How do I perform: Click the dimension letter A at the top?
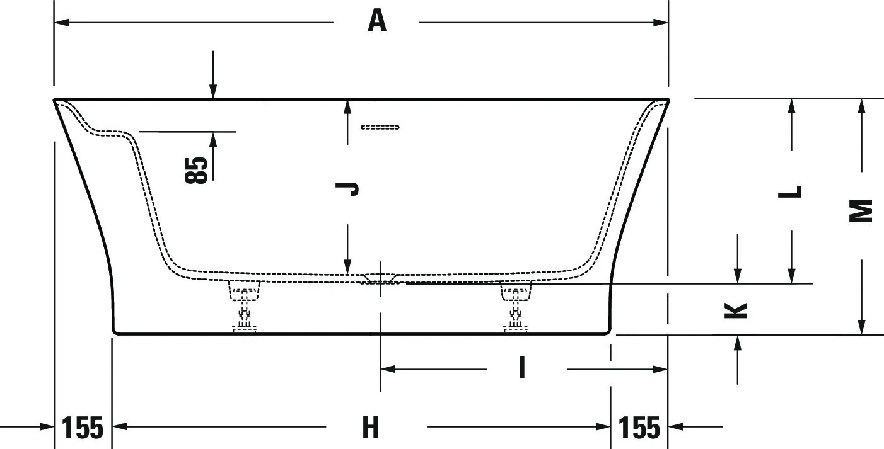click(377, 21)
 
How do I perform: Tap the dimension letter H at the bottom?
click(371, 428)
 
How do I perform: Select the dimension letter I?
click(521, 367)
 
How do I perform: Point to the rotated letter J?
click(347, 189)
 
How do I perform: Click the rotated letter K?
click(736, 310)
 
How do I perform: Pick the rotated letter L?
click(790, 192)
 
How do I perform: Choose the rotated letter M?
click(861, 211)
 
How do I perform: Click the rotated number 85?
click(196, 170)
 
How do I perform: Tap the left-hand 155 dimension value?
click(83, 428)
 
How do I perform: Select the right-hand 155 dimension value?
click(639, 428)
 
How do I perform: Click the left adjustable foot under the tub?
click(244, 306)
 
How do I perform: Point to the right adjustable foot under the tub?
click(516, 306)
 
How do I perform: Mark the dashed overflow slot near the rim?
click(380, 127)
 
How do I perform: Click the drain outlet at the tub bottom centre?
click(380, 278)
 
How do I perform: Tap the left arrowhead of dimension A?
click(62, 23)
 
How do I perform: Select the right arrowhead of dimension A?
click(661, 23)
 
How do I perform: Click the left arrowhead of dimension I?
click(388, 370)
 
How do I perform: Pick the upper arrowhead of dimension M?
click(861, 106)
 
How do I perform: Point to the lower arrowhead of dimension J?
click(347, 266)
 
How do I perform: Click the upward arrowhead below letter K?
click(737, 344)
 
